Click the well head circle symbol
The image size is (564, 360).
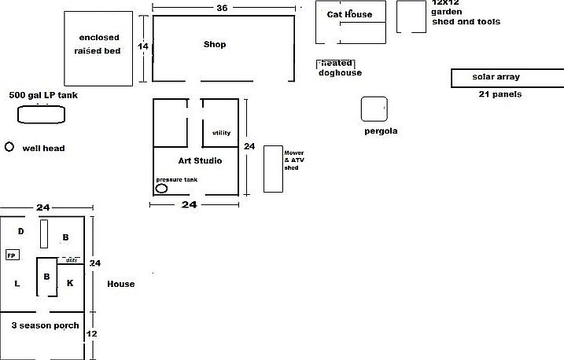tap(9, 147)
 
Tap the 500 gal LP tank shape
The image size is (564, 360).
tap(41, 115)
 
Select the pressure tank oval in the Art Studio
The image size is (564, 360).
tap(161, 189)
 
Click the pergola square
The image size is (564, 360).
tap(374, 109)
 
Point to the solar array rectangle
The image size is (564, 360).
tap(507, 78)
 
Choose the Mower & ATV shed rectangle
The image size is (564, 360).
tap(272, 168)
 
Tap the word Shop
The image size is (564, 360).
tap(215, 45)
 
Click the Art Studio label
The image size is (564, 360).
tap(200, 161)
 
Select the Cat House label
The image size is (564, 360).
tap(349, 14)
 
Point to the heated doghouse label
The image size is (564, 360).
tap(340, 68)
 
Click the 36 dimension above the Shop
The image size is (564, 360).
tap(223, 8)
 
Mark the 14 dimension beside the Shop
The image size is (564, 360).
tap(142, 46)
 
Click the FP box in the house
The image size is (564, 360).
tap(12, 255)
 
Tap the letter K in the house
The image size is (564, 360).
tap(69, 282)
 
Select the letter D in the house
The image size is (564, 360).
tap(21, 231)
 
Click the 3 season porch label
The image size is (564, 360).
tap(45, 325)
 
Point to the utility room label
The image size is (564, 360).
tap(221, 133)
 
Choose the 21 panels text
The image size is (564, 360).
tap(500, 94)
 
